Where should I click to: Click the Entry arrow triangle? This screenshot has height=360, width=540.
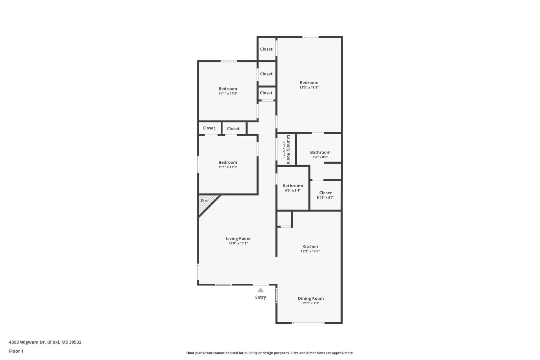tap(260, 290)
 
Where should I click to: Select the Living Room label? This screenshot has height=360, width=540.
tap(238, 239)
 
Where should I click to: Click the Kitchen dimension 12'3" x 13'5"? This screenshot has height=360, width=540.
tap(310, 251)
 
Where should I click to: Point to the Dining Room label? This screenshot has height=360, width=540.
tap(310, 298)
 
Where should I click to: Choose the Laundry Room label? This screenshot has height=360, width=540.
tap(289, 149)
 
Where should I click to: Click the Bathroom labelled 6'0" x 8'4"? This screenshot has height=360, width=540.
tap(293, 186)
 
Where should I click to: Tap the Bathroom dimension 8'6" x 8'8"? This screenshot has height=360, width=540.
tap(320, 157)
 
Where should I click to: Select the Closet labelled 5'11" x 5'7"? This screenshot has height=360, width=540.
tap(325, 193)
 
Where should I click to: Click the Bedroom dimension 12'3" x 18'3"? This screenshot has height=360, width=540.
tap(309, 88)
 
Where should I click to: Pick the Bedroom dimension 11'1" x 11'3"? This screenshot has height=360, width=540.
tap(228, 94)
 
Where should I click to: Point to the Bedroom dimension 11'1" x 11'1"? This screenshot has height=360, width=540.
tap(228, 167)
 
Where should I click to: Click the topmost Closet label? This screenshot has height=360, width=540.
tap(266, 49)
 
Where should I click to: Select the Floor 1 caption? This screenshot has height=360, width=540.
tap(16, 351)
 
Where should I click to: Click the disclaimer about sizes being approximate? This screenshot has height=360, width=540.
tap(270, 353)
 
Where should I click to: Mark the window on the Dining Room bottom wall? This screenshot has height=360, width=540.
tap(307, 323)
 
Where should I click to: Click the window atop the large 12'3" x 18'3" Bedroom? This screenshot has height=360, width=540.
tap(310, 37)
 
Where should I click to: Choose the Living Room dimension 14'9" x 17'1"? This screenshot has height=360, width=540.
tap(238, 243)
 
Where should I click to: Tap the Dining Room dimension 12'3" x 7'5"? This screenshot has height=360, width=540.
tap(310, 303)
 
